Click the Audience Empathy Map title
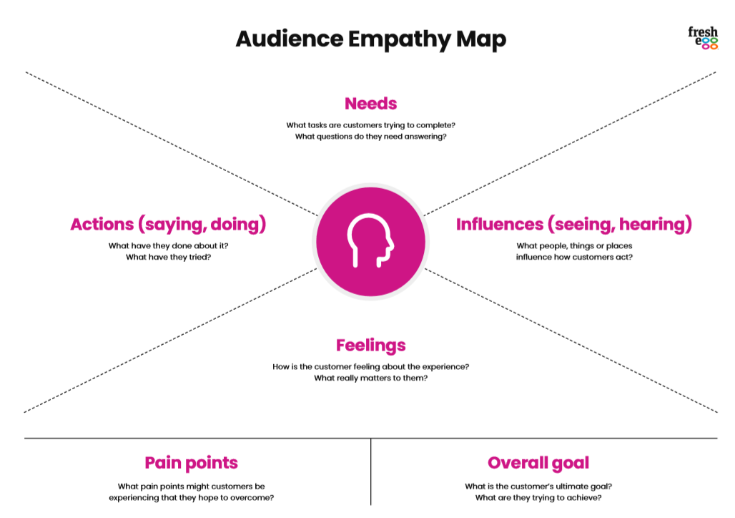371,39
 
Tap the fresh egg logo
703,38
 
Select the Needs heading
371,104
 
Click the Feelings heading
371,346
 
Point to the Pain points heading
191,463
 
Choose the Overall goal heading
538,463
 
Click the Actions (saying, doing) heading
168,225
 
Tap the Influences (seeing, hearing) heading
574,225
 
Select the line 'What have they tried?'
168,257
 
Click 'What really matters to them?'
371,378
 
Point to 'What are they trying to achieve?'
538,498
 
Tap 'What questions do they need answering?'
371,137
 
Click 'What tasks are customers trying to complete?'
371,125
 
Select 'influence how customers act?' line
574,257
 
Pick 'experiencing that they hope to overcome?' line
191,498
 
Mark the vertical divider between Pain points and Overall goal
371,471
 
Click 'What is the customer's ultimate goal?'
538,487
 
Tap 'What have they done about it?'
168,246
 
